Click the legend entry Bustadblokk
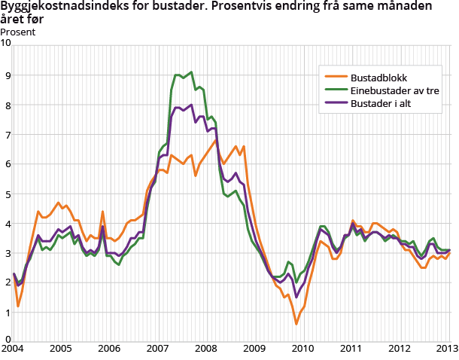(381, 77)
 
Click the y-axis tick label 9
(8, 75)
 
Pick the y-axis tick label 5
(8, 194)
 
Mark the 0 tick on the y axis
(8, 340)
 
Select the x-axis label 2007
(157, 349)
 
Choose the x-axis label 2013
(447, 349)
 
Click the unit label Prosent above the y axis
(17, 32)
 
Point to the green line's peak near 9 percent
(192, 72)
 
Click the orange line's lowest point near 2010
(296, 324)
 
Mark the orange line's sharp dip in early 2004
(18, 307)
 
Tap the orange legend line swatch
(336, 77)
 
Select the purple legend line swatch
(336, 104)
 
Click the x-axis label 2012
(399, 349)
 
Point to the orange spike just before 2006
(102, 212)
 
